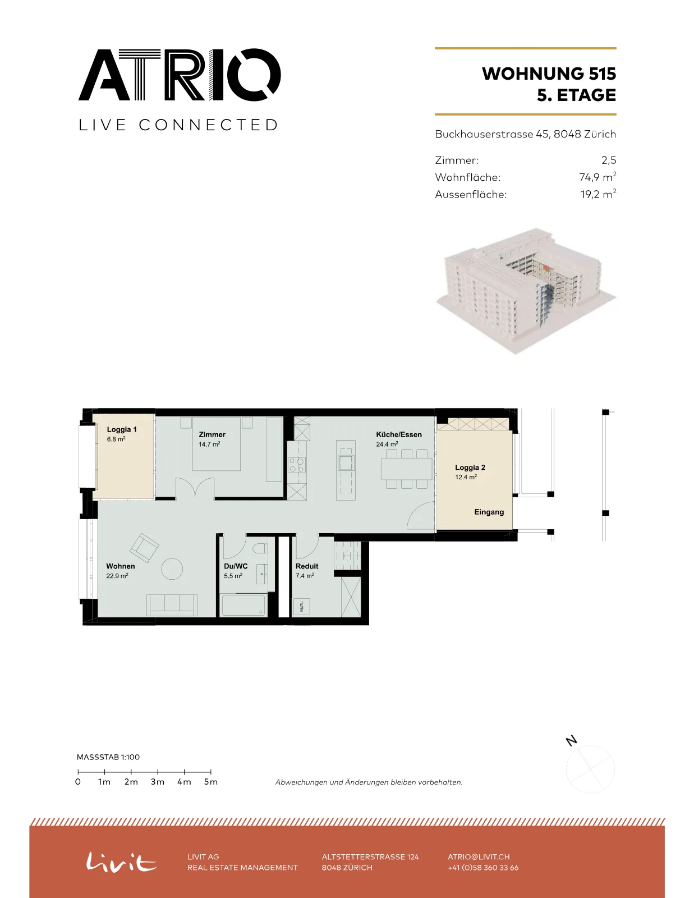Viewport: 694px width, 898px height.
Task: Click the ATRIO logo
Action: [x=180, y=75]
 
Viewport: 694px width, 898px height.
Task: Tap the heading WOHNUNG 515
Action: [x=549, y=74]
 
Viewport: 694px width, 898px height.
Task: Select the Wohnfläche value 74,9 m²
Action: [x=598, y=177]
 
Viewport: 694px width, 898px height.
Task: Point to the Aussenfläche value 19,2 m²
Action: [x=598, y=194]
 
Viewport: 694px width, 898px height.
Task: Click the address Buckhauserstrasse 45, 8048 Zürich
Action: [x=526, y=134]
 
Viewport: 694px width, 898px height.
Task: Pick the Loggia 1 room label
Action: [x=121, y=429]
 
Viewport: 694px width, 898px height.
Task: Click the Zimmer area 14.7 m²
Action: [x=209, y=445]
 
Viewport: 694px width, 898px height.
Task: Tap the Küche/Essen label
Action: [x=399, y=434]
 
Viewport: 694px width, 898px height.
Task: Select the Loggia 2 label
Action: [x=470, y=468]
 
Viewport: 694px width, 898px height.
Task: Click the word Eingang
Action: [x=489, y=512]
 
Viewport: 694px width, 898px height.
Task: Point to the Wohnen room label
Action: [x=120, y=566]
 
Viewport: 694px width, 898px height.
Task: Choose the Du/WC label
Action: [x=236, y=566]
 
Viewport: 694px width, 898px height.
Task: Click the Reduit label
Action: [x=307, y=566]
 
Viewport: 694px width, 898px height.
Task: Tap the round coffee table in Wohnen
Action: [x=172, y=569]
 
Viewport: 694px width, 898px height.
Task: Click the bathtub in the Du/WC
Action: [x=243, y=605]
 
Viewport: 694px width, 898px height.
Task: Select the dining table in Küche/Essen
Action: [x=407, y=469]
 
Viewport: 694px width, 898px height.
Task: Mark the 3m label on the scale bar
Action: [x=158, y=782]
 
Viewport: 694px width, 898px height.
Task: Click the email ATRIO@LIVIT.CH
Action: [x=479, y=857]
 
